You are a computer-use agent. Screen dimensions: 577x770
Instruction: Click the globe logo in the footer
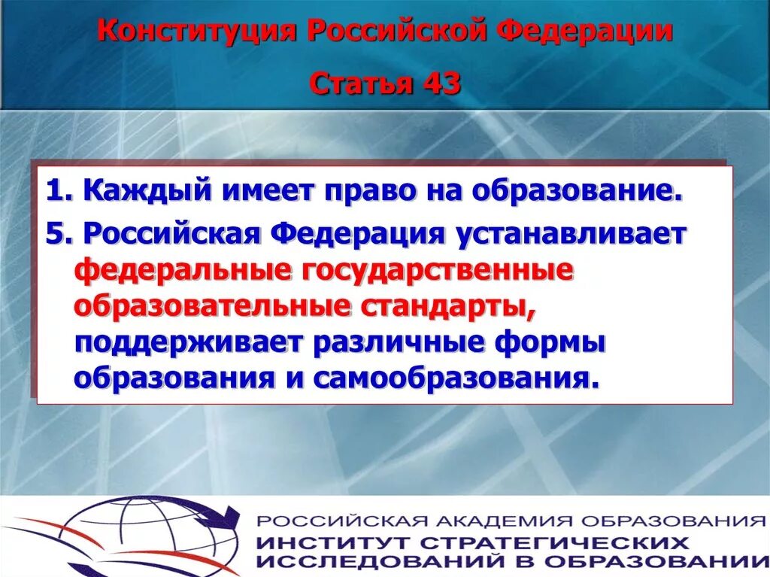[150, 536]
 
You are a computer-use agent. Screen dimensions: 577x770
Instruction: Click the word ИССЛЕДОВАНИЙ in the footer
[376, 561]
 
